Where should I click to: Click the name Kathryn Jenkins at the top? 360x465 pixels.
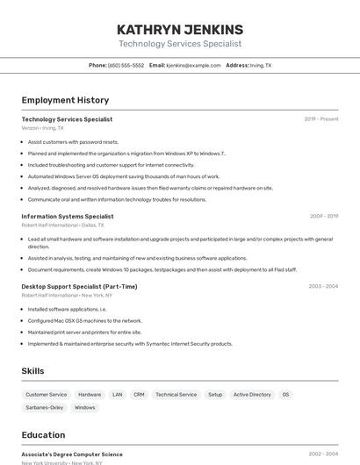tap(180, 29)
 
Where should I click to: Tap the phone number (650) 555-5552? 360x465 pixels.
tap(126, 65)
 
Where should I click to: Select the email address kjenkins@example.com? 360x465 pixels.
tap(193, 65)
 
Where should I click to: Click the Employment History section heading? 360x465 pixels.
tap(65, 100)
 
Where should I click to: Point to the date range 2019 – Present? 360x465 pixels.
tap(320, 119)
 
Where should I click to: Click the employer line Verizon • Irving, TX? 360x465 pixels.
tap(42, 128)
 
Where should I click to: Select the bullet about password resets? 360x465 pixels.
tap(73, 142)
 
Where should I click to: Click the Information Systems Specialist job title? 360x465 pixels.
tap(68, 216)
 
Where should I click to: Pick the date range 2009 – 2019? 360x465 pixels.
tap(323, 216)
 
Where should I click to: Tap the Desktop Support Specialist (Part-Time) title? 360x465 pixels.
tap(79, 286)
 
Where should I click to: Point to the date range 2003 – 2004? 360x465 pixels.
tap(323, 286)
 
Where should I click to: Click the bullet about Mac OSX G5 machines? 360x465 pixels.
tap(84, 320)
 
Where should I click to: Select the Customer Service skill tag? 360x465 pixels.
tap(46, 395)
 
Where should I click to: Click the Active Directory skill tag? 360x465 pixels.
tap(252, 395)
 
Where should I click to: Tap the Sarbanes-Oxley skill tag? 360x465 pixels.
tap(44, 408)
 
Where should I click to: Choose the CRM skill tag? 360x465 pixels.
tap(139, 395)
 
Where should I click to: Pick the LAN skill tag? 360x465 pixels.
tap(117, 395)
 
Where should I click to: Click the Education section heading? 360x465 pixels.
tap(43, 435)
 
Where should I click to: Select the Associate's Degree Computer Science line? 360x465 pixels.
tap(72, 454)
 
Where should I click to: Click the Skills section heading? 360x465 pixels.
tap(32, 371)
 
